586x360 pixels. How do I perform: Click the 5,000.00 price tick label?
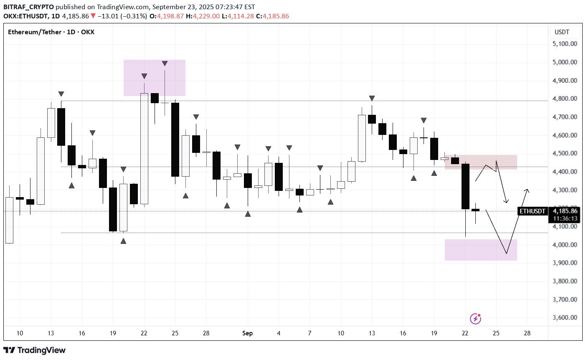564,62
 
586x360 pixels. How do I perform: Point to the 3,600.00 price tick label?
564,317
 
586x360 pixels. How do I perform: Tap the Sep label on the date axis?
247,333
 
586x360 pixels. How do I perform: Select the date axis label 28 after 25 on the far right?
527,333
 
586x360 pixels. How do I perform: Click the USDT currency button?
562,32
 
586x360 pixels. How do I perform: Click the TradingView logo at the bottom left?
34,350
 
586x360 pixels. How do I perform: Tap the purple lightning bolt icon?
475,319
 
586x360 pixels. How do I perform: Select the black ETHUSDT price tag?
532,211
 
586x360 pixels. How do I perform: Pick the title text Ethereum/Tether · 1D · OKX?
51,32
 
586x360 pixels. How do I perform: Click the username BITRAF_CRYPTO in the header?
28,7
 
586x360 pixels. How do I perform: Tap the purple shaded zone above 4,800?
154,78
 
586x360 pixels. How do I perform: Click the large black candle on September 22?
465,186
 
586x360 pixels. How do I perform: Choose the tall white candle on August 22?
144,148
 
